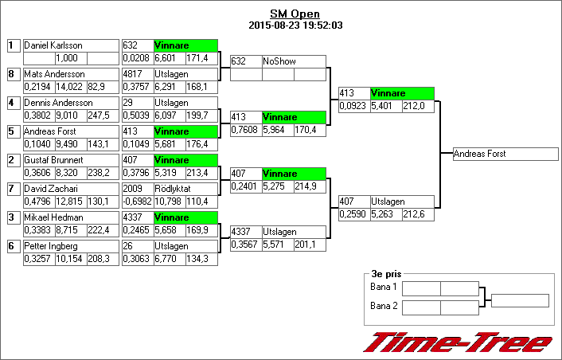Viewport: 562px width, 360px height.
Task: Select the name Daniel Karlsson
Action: coord(53,45)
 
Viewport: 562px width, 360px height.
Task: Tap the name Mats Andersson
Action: coord(55,74)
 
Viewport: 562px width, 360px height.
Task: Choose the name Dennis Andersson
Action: coord(58,103)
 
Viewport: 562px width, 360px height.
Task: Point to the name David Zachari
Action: coord(52,189)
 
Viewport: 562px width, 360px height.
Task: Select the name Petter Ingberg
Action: coord(53,246)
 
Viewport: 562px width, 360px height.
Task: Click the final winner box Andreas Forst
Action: coord(505,154)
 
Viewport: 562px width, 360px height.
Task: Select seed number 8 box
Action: coord(12,74)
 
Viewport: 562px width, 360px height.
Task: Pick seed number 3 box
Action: coord(12,217)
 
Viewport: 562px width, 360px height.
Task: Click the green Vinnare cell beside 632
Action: coord(185,45)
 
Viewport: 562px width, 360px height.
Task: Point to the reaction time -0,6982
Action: coord(137,202)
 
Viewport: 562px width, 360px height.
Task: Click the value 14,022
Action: coord(70,87)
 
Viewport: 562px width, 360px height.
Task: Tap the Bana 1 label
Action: coord(383,287)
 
